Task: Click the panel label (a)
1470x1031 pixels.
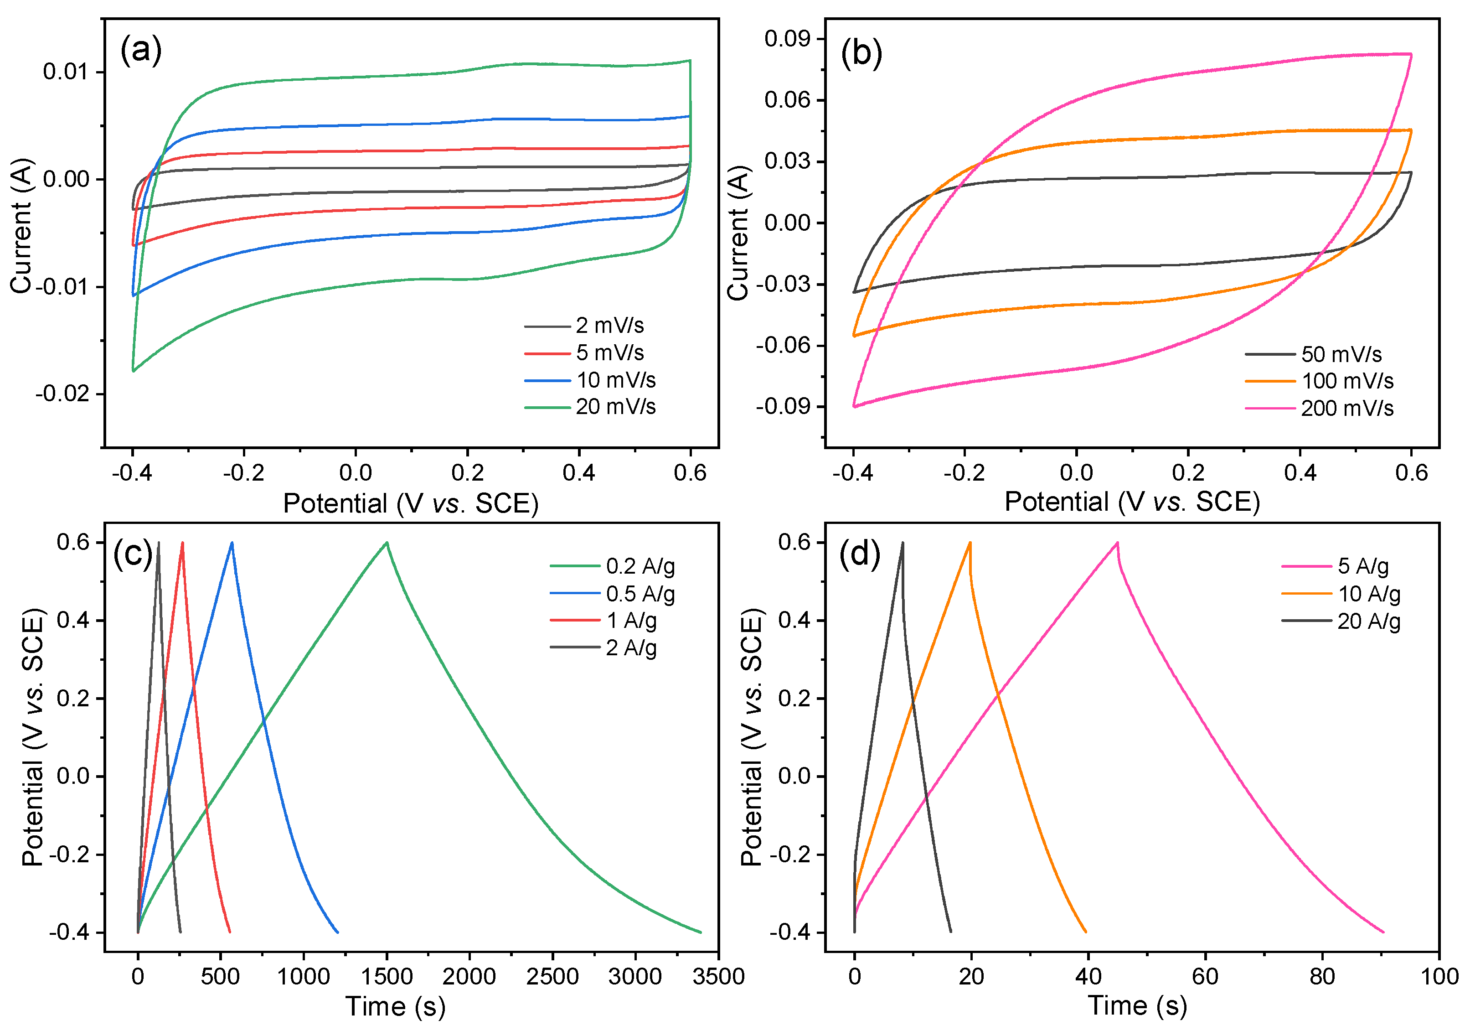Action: click(x=141, y=50)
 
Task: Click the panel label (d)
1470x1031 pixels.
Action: click(x=859, y=553)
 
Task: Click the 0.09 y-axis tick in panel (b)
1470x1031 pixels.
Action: click(x=787, y=38)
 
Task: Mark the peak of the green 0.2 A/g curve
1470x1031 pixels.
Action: click(x=387, y=542)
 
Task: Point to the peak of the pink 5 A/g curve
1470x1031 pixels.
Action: click(x=1117, y=542)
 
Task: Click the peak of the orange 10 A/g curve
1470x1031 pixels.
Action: click(x=970, y=542)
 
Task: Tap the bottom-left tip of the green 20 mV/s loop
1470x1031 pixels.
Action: click(x=133, y=371)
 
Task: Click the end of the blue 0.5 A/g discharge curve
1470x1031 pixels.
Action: click(x=337, y=932)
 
